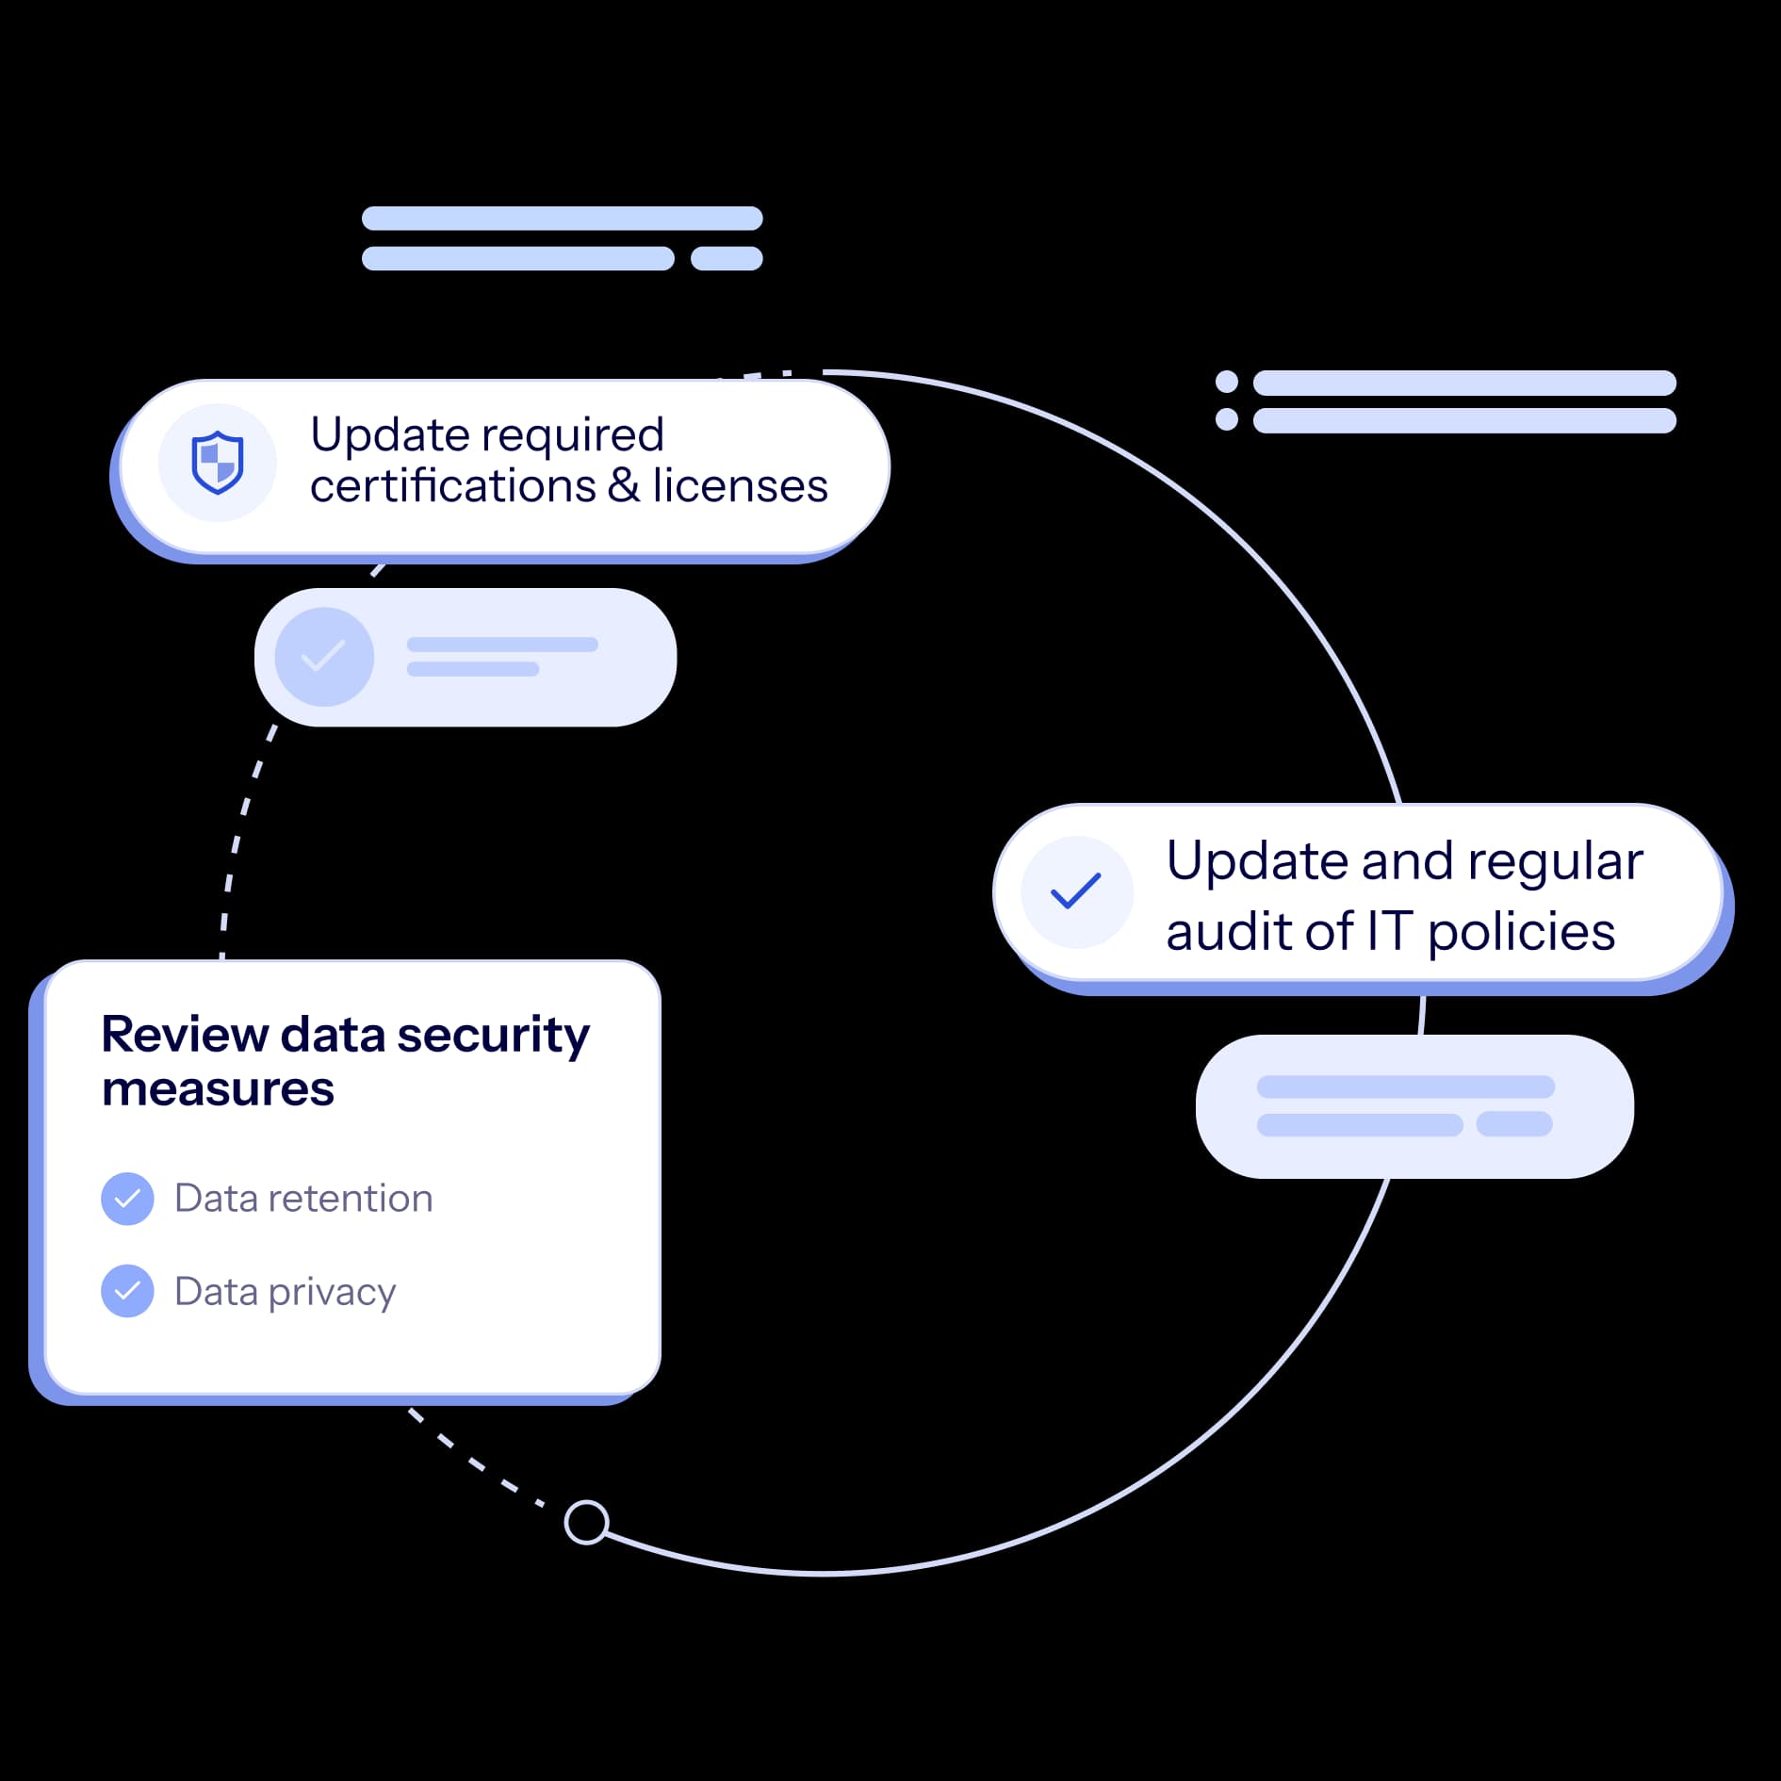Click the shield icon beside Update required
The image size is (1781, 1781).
[x=218, y=463]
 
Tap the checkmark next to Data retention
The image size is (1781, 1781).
[x=127, y=1199]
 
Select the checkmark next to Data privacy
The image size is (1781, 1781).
[x=127, y=1290]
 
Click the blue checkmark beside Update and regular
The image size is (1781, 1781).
[x=1076, y=891]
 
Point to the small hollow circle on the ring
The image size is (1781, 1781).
[x=586, y=1522]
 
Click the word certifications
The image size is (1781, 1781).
[x=452, y=486]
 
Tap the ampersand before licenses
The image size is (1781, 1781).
[x=623, y=486]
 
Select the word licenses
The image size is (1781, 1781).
[x=740, y=486]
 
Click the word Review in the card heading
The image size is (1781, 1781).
[x=184, y=1035]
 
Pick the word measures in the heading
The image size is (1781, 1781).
[x=218, y=1089]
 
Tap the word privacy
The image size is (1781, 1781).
[x=332, y=1293]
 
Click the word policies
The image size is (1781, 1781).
[x=1521, y=933]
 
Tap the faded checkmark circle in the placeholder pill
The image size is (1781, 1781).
[x=324, y=657]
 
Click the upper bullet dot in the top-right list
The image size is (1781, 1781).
[x=1227, y=382]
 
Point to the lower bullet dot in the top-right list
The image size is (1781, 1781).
[x=1227, y=419]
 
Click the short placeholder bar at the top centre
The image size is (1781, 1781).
[x=727, y=258]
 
